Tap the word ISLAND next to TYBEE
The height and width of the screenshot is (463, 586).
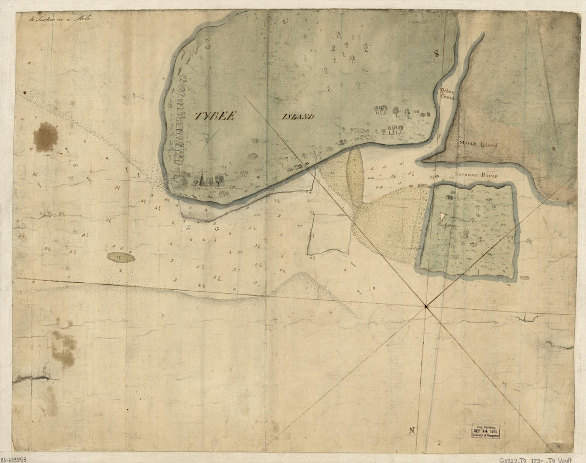point(298,117)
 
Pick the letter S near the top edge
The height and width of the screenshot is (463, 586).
point(435,53)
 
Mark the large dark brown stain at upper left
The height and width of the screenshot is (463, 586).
point(45,136)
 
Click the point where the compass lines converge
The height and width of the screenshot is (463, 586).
point(426,306)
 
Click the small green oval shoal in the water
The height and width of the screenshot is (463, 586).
point(121,258)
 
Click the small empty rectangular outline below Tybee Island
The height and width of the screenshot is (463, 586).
point(329,234)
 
